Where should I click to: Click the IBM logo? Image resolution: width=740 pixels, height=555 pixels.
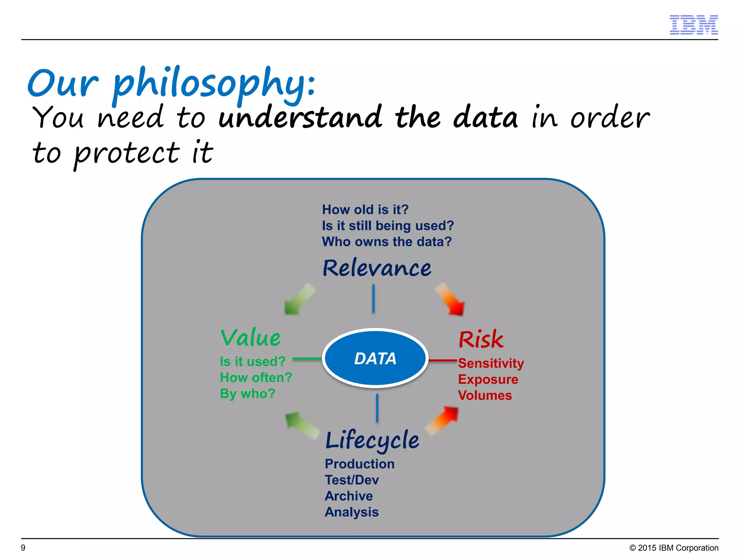pyautogui.click(x=693, y=25)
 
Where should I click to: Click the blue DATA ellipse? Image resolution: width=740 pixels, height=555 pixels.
pyautogui.click(x=375, y=358)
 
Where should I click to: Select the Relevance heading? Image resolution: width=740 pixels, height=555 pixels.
pyautogui.click(x=377, y=268)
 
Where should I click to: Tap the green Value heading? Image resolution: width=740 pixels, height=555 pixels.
pyautogui.click(x=250, y=338)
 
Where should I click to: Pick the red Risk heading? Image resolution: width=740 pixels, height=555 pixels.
pyautogui.click(x=481, y=340)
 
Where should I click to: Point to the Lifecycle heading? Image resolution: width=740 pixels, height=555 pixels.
pyautogui.click(x=372, y=440)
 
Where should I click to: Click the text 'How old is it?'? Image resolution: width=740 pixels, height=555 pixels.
pyautogui.click(x=365, y=210)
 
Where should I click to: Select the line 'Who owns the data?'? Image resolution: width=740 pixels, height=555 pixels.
pyautogui.click(x=387, y=242)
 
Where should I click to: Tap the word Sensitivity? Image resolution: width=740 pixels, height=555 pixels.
pyautogui.click(x=491, y=363)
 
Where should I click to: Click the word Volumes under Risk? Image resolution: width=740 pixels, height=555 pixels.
pyautogui.click(x=485, y=395)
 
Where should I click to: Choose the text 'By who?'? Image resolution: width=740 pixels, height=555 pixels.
pyautogui.click(x=248, y=393)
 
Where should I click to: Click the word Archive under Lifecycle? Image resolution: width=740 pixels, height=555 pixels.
pyautogui.click(x=349, y=496)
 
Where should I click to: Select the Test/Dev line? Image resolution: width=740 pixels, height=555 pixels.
pyautogui.click(x=352, y=480)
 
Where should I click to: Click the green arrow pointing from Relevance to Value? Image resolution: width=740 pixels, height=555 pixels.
pyautogui.click(x=299, y=299)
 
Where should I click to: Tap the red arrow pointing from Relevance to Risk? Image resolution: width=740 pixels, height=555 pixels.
pyautogui.click(x=450, y=299)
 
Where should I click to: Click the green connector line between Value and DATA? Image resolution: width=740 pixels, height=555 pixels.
pyautogui.click(x=307, y=359)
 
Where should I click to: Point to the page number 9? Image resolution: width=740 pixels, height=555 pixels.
pyautogui.click(x=23, y=547)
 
